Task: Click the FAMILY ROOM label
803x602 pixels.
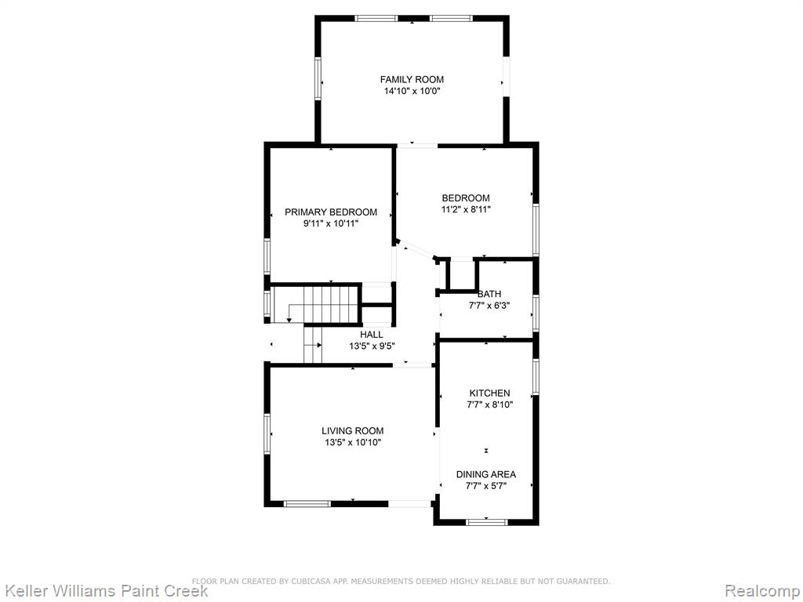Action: [412, 79]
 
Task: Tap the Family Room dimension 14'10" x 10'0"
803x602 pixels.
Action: [412, 92]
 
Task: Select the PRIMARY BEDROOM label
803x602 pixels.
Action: [331, 212]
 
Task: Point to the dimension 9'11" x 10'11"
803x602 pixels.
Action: [331, 223]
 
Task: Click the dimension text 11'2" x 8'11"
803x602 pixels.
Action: [466, 209]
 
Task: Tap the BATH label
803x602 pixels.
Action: [489, 294]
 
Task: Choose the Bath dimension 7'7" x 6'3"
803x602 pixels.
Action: [489, 306]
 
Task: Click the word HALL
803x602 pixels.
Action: [371, 335]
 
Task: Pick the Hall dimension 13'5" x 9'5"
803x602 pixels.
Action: [372, 346]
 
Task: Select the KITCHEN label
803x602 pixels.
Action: [489, 393]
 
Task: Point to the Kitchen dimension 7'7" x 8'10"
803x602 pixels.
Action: [489, 405]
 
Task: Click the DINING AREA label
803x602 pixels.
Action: [486, 474]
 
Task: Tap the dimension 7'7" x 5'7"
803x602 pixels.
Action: [486, 486]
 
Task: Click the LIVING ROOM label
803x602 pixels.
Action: [352, 431]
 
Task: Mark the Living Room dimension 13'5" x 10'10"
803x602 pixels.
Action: [353, 443]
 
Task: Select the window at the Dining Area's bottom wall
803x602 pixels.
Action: [486, 522]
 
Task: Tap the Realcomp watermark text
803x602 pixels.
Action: [762, 591]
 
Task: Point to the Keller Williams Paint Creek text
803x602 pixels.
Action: [104, 591]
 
